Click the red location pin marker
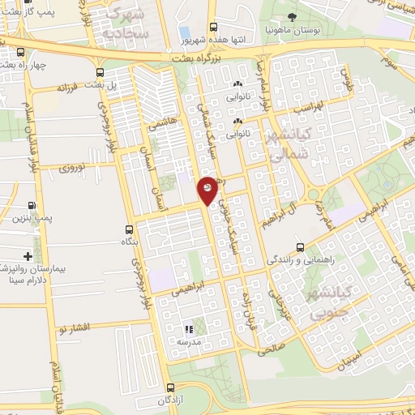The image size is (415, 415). click(208, 189)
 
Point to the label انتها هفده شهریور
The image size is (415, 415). click(212, 38)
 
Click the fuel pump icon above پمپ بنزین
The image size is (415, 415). click(31, 206)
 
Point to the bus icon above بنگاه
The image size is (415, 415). click(129, 229)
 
